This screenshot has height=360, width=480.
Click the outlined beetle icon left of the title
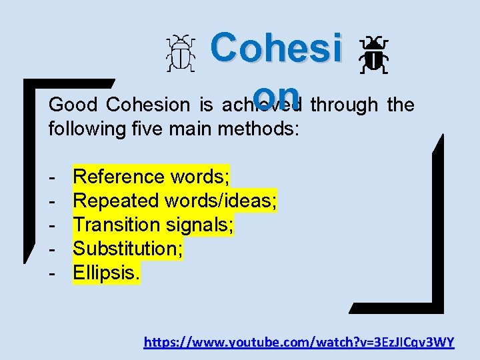coord(181,54)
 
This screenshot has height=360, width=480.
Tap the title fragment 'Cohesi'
coord(276,48)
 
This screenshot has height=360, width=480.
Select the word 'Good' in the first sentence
coord(73,105)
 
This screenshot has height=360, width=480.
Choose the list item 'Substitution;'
coord(128,249)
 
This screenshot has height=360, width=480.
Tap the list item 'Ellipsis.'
coord(107,273)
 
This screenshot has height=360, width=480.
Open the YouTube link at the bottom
coord(299,343)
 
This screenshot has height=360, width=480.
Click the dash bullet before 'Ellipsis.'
coord(51,273)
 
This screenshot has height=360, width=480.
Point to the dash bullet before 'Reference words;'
coord(51,177)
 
